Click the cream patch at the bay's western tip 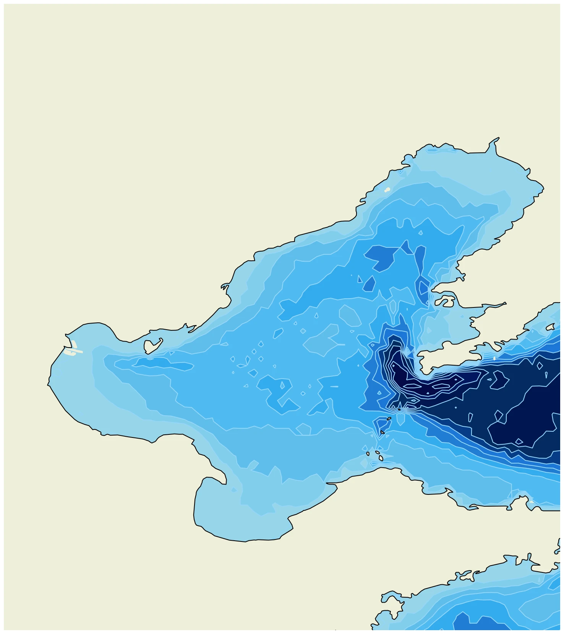coord(73,348)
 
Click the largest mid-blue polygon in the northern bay coord(380,257)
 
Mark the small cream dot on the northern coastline coord(387,189)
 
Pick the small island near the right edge coord(550,327)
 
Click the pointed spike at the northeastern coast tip coord(498,139)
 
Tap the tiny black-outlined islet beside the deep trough coord(399,410)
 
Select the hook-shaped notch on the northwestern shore coord(225,286)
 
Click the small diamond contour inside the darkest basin coord(519,441)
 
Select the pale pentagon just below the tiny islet coord(400,419)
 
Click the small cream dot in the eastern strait coord(494,358)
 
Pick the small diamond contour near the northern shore coord(421,232)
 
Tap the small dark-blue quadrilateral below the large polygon coord(369,284)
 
